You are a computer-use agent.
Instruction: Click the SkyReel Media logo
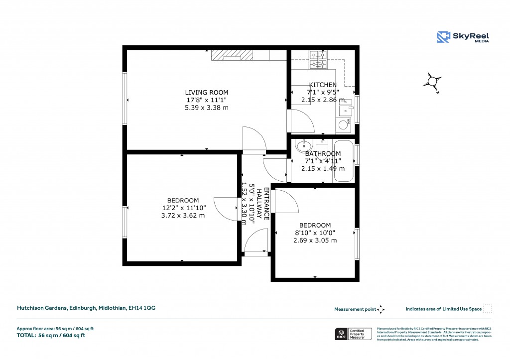pyautogui.click(x=463, y=37)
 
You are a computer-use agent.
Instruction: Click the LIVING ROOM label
pyautogui.click(x=206, y=92)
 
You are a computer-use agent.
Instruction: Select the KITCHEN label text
pyautogui.click(x=323, y=85)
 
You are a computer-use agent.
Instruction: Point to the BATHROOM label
pyautogui.click(x=323, y=154)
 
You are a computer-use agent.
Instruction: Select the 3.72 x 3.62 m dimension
pyautogui.click(x=183, y=216)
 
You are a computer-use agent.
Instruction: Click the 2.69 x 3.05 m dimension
pyautogui.click(x=315, y=240)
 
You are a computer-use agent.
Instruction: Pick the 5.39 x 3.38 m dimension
pyautogui.click(x=206, y=108)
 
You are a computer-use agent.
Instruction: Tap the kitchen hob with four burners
pyautogui.click(x=317, y=60)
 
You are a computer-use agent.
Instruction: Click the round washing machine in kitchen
pyautogui.click(x=343, y=125)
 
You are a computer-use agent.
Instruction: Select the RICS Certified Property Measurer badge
pyautogui.click(x=353, y=334)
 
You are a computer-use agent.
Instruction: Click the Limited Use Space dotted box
pyautogui.click(x=488, y=309)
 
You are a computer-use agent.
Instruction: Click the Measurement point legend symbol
pyautogui.click(x=381, y=309)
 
